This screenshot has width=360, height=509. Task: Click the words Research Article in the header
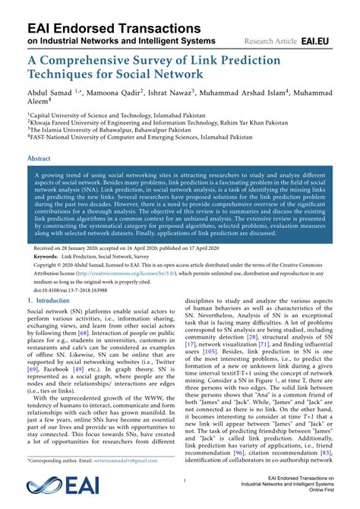271,40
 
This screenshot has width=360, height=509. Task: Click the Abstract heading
39,159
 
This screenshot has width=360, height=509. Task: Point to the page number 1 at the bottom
184,481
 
